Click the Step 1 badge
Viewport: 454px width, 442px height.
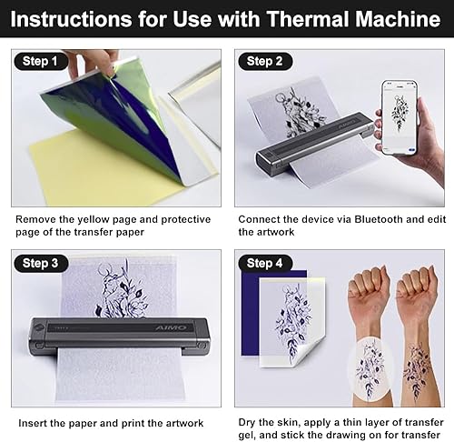coord(41,61)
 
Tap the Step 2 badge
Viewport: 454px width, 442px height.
coord(265,61)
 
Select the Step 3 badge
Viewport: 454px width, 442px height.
coord(41,263)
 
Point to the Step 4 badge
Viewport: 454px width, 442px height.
coord(265,263)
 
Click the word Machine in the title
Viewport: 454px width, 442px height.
coord(398,19)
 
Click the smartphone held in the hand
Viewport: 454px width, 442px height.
coord(400,117)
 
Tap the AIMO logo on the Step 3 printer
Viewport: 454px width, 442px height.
coord(172,327)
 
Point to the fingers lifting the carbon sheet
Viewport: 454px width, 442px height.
coord(91,63)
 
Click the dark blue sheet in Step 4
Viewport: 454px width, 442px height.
coord(251,312)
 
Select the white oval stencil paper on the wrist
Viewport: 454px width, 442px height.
coord(370,370)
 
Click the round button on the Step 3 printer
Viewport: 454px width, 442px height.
coord(38,327)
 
